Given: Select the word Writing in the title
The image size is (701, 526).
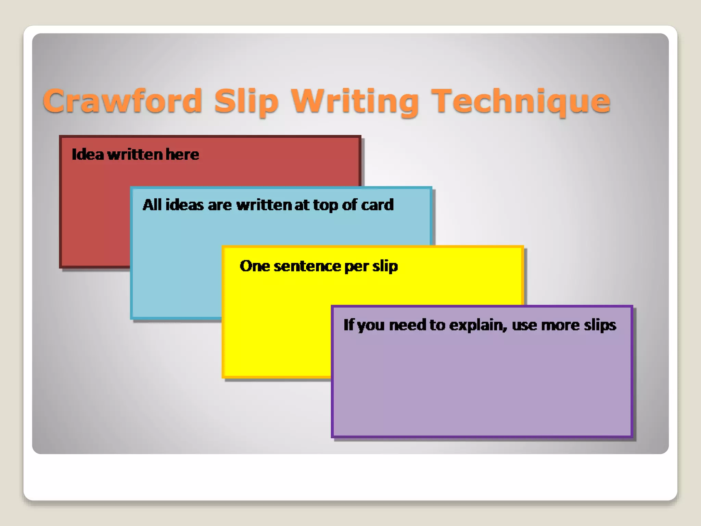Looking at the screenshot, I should pos(355,101).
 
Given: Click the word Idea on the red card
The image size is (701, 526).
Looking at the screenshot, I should pos(88,154).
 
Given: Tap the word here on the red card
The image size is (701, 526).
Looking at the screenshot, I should pos(182,154).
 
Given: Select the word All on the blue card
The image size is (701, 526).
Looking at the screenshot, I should pos(152,205).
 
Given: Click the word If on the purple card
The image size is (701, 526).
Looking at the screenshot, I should pos(348,325).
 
